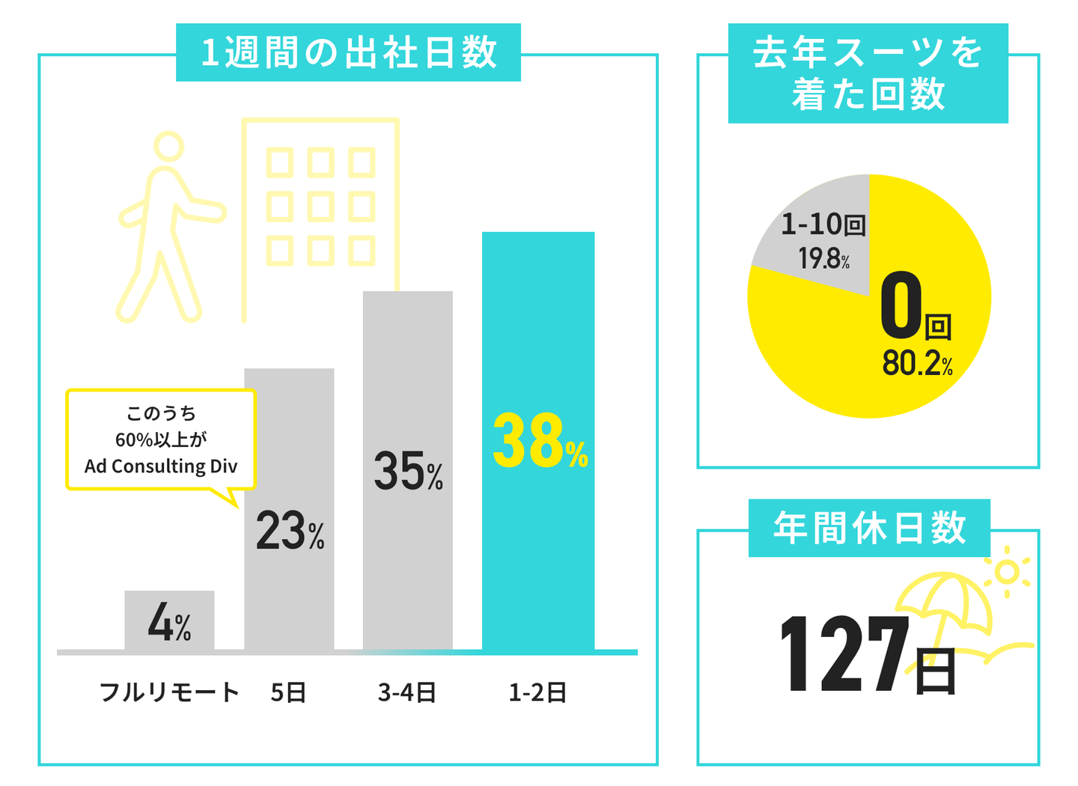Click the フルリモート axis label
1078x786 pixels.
(x=169, y=692)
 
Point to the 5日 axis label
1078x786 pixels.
(x=289, y=692)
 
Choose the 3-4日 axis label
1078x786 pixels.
(x=407, y=692)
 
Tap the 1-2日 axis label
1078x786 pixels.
(x=538, y=692)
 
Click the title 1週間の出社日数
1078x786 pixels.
(x=348, y=52)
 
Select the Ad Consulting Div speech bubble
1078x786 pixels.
(x=161, y=440)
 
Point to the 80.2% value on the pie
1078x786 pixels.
(x=916, y=364)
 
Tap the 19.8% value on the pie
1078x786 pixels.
(x=823, y=259)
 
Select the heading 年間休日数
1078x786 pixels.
(x=869, y=528)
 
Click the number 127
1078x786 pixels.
(x=844, y=654)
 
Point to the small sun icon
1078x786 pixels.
(x=1007, y=572)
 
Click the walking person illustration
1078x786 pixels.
(x=168, y=225)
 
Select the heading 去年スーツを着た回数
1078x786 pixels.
(x=868, y=73)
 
